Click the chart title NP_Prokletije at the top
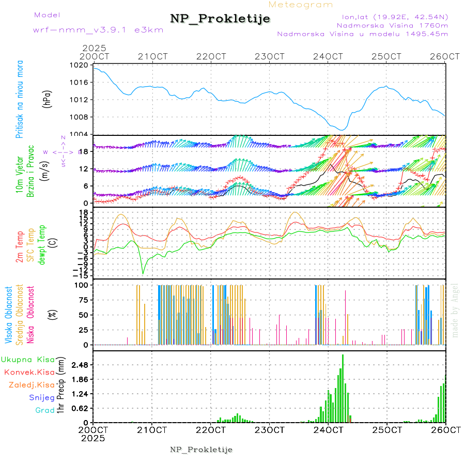tap(220, 19)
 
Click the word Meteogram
tap(301, 5)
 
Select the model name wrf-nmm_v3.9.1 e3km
tap(98, 30)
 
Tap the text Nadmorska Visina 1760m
tap(392, 25)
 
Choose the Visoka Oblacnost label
tap(9, 315)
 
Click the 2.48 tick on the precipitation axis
tap(78, 365)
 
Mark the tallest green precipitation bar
tap(343, 388)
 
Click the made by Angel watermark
tap(455, 310)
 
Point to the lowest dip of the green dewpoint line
tap(143, 273)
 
